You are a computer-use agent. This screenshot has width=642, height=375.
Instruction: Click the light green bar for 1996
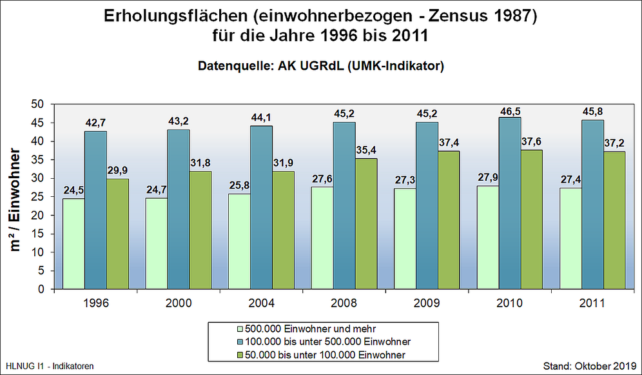click(x=74, y=243)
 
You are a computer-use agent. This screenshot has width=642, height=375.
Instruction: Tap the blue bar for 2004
click(x=262, y=207)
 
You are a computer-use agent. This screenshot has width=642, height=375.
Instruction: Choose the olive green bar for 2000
click(x=200, y=230)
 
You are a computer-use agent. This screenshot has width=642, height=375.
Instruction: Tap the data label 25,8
click(x=240, y=187)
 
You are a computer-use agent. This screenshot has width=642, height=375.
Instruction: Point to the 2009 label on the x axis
click(x=427, y=302)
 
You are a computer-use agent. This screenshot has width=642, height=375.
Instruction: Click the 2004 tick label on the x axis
click(x=262, y=302)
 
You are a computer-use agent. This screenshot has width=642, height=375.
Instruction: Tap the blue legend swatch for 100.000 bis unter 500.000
click(x=240, y=341)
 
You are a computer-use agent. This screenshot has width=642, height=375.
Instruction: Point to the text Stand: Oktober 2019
click(x=590, y=366)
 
